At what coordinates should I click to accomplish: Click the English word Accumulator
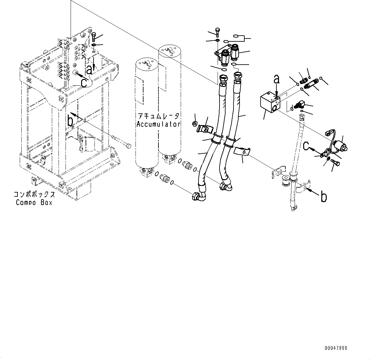pos(158,124)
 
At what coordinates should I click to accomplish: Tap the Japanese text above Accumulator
pos(158,116)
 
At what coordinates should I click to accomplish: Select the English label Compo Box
pos(34,202)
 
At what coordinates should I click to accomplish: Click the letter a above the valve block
pos(277,79)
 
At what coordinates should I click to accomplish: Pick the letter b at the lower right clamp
pos(323,197)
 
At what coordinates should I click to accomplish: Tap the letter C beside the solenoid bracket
pos(306,146)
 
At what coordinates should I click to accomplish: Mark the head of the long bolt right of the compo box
pos(128,146)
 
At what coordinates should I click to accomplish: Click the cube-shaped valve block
pos(269,102)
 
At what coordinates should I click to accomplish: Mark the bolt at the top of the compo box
pos(94,37)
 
